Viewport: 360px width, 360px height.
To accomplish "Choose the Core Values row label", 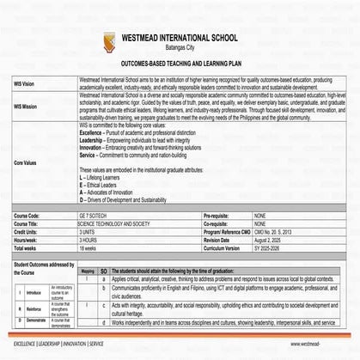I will pos(26,161).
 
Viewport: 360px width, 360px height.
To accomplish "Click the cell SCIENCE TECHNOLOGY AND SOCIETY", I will pos(119,222).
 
